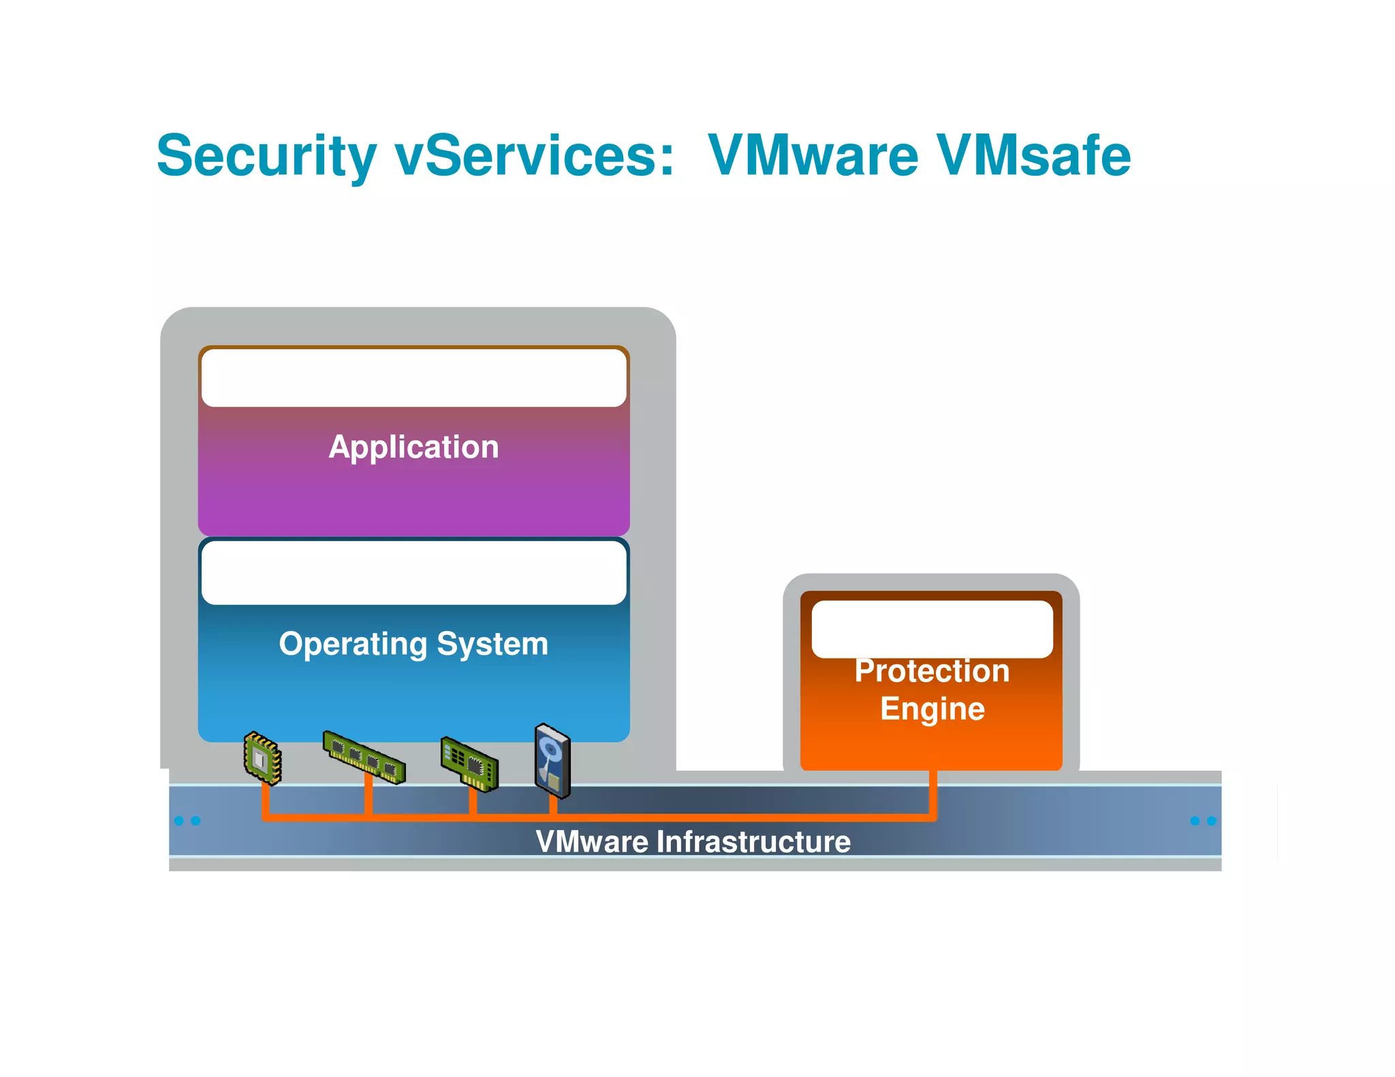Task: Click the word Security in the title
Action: click(x=266, y=157)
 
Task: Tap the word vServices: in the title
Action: click(x=535, y=157)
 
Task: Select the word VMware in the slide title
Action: click(x=813, y=157)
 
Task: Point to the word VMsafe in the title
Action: click(x=1033, y=157)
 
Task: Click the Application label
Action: click(x=413, y=447)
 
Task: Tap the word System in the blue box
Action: click(x=492, y=644)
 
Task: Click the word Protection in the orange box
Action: click(x=932, y=671)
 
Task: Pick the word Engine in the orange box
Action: click(x=932, y=709)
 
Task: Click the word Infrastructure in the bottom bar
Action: click(x=753, y=842)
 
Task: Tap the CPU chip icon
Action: click(x=263, y=758)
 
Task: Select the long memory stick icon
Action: click(x=364, y=757)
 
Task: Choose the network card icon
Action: click(x=470, y=764)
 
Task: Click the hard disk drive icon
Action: click(x=552, y=760)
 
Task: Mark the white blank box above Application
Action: click(x=413, y=378)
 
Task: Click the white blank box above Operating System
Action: click(x=413, y=573)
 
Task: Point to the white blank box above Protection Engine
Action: click(x=932, y=629)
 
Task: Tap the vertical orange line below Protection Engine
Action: click(x=932, y=793)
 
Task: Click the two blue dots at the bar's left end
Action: click(x=187, y=820)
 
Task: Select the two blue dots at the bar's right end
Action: click(x=1203, y=821)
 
